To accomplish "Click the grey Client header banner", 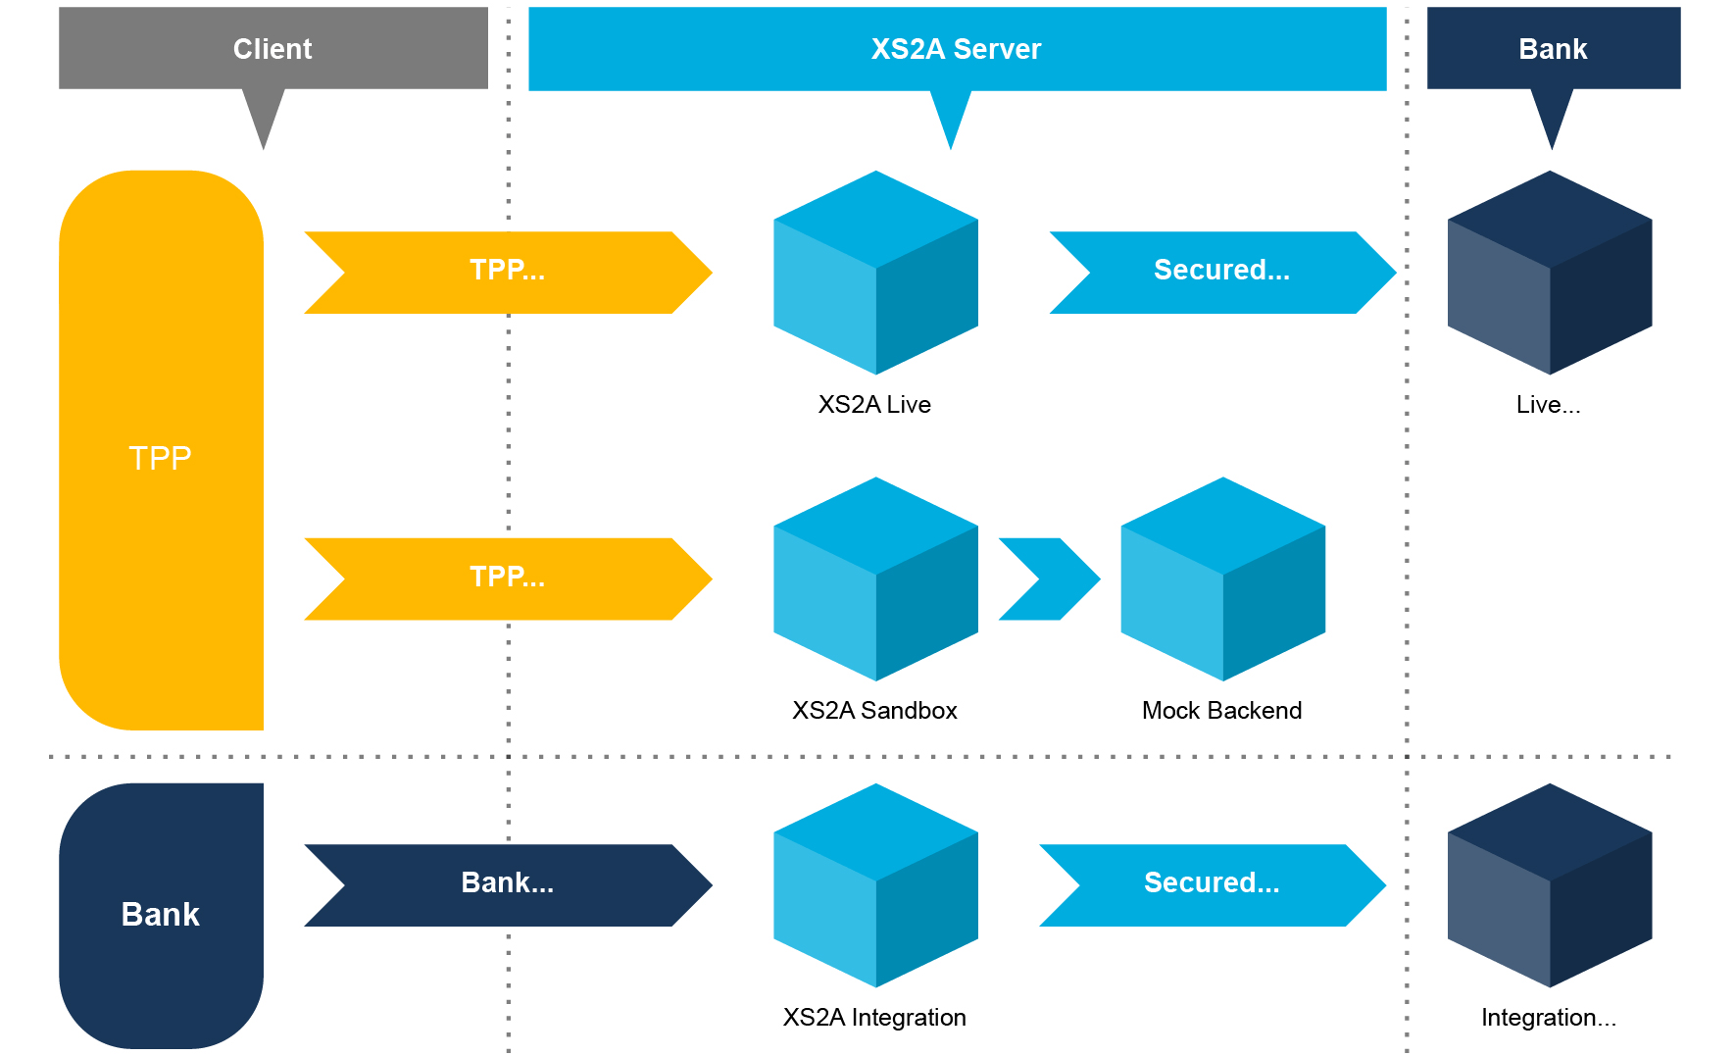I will click(x=273, y=48).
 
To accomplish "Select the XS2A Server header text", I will click(x=956, y=49).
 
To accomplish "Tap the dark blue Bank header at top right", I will click(x=1553, y=48).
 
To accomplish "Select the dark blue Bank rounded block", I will click(x=161, y=914).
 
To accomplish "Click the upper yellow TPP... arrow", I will click(x=507, y=272).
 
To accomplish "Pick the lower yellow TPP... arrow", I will click(x=507, y=578).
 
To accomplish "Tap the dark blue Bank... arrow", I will click(x=507, y=884).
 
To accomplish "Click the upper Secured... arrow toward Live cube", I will click(x=1221, y=272).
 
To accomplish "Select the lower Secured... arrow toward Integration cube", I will click(x=1212, y=884).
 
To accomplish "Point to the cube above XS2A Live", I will click(x=875, y=273).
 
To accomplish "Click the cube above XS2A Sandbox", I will click(x=875, y=578).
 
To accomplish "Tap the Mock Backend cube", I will click(x=1222, y=578).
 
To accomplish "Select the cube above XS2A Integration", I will click(x=875, y=884).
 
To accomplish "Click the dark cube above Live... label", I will click(x=1549, y=273).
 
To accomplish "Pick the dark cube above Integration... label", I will click(x=1549, y=884).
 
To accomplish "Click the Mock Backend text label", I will click(x=1221, y=710).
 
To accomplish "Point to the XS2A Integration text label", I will click(x=874, y=1017).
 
